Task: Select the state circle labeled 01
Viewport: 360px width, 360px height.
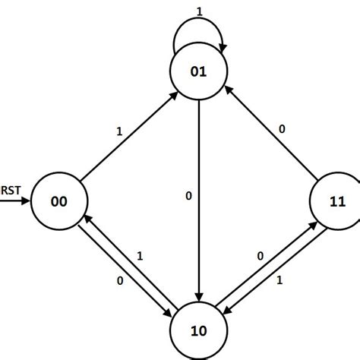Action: point(199,73)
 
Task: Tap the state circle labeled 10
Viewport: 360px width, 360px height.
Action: point(199,330)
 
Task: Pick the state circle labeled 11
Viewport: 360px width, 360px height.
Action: point(337,203)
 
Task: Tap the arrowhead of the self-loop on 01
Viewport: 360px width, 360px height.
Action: point(221,47)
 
